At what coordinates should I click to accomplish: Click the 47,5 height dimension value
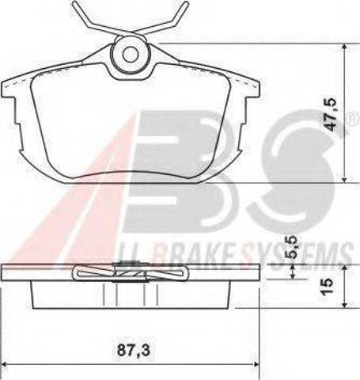(x=330, y=115)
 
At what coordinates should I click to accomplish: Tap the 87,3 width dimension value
(x=134, y=351)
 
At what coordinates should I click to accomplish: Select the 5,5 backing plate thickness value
(x=294, y=247)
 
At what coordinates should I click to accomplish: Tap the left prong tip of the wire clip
(x=74, y=4)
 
